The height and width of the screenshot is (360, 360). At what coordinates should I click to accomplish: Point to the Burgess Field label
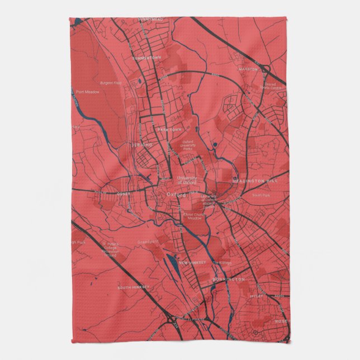(111, 83)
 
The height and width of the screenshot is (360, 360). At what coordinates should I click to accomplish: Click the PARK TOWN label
(170, 129)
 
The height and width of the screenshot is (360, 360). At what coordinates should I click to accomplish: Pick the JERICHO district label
(141, 145)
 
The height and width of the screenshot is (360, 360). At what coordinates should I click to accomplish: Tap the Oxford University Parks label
(191, 145)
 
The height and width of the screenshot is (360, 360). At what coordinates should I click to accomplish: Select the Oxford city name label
(176, 195)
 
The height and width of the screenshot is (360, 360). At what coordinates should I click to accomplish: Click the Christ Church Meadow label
(195, 216)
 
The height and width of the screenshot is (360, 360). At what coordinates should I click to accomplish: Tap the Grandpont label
(148, 241)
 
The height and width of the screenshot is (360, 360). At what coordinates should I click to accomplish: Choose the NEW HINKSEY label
(192, 262)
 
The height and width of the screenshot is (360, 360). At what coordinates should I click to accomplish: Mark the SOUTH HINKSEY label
(133, 287)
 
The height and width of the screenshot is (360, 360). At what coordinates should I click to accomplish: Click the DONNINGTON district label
(228, 278)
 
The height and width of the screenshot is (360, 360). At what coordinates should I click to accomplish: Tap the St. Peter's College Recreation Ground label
(111, 249)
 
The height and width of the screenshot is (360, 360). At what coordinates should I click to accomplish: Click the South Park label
(260, 195)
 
